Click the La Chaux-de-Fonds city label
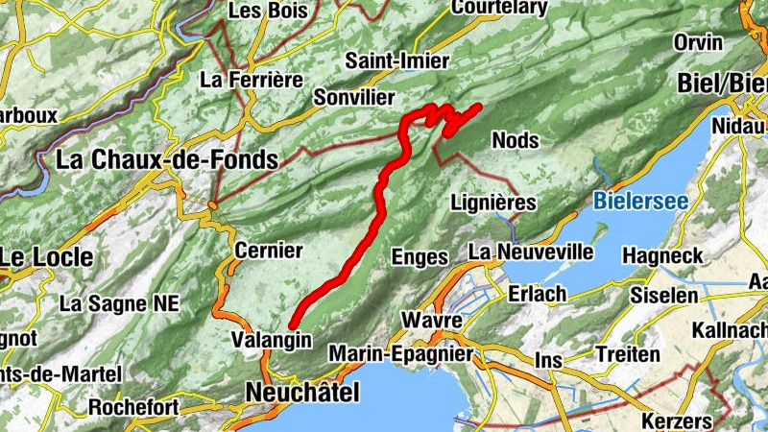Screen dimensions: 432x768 167,160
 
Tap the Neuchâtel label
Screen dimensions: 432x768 302,392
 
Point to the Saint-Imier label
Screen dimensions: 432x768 397,61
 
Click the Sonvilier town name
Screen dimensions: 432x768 354,98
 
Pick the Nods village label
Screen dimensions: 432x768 515,140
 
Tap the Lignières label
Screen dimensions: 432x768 493,203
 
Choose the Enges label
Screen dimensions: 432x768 420,256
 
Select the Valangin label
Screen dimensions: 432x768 273,339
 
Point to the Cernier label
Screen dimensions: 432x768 268,251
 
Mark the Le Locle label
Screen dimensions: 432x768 47,257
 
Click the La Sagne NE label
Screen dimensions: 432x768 119,303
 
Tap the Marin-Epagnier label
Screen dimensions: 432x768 401,354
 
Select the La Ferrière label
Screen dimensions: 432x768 252,80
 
